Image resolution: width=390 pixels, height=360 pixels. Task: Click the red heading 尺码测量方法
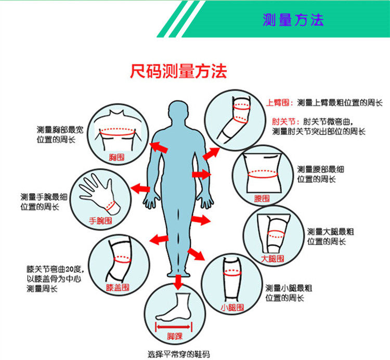coord(178,71)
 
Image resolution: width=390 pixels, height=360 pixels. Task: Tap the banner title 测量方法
coord(293,20)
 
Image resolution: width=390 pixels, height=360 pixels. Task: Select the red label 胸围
coord(116,156)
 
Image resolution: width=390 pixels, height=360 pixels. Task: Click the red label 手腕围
coord(100,220)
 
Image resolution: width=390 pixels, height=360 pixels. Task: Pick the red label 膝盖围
coord(117,287)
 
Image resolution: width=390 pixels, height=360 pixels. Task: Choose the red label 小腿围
coord(232,308)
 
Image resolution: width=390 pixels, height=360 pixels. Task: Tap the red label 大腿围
coord(272,258)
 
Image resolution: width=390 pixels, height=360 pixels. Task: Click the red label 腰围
coord(262,198)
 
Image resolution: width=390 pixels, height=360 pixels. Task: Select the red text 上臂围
coord(280,103)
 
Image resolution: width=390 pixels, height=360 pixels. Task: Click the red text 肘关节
coord(280,121)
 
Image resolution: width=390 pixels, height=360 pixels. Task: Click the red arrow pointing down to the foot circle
coord(178,282)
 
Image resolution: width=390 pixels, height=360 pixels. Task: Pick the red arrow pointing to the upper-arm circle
coord(211,153)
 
